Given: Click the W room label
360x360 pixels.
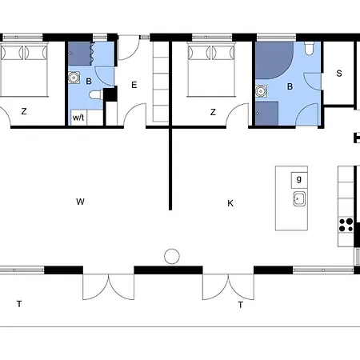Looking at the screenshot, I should pyautogui.click(x=80, y=202).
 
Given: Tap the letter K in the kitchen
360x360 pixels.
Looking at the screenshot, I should pyautogui.click(x=230, y=203).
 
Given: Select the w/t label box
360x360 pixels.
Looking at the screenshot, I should pyautogui.click(x=79, y=118).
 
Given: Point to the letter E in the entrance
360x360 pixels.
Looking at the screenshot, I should pyautogui.click(x=134, y=85).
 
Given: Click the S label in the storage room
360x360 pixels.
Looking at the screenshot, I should pyautogui.click(x=339, y=74).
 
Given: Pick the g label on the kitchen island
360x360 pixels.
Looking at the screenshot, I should pyautogui.click(x=298, y=179).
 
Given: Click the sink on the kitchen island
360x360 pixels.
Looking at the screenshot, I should pyautogui.click(x=299, y=199).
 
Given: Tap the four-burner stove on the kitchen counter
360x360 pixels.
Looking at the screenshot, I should pyautogui.click(x=347, y=225).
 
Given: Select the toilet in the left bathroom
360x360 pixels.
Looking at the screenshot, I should pyautogui.click(x=95, y=95).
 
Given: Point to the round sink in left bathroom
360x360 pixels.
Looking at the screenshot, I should pyautogui.click(x=74, y=78).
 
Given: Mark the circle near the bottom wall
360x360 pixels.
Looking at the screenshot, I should pyautogui.click(x=171, y=256).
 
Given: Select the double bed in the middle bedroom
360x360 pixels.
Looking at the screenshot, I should pyautogui.click(x=210, y=66).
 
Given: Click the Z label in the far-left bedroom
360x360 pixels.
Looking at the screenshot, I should pyautogui.click(x=25, y=113).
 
